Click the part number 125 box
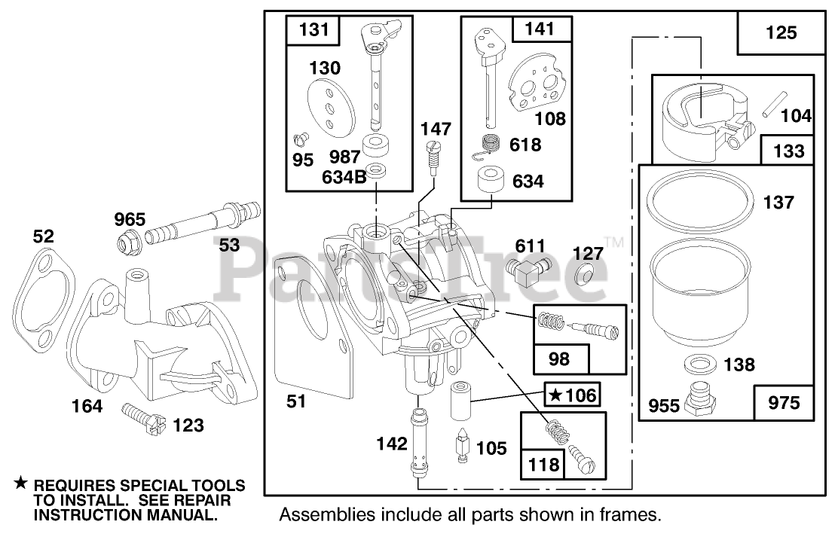(x=780, y=33)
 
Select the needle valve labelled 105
(x=461, y=446)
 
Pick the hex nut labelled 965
(x=127, y=243)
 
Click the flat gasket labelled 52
(x=47, y=293)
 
